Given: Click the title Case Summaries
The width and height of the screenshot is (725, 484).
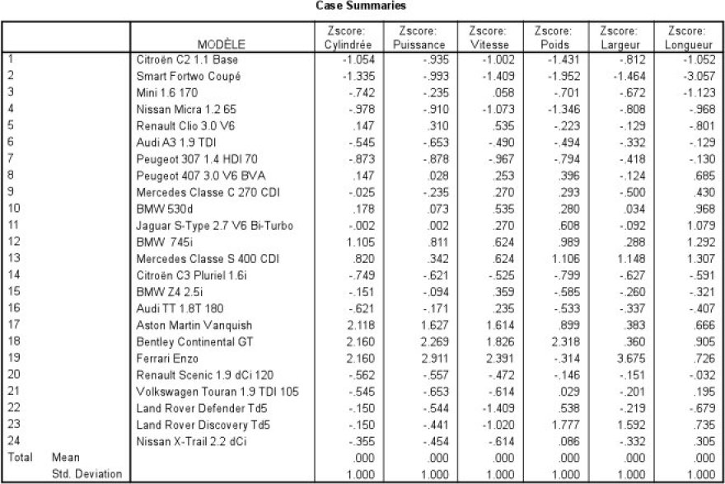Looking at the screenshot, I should click(361, 7).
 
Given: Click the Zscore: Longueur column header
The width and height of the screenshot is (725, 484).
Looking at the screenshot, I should click(688, 38).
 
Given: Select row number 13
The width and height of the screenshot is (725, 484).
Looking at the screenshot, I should click(12, 259).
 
